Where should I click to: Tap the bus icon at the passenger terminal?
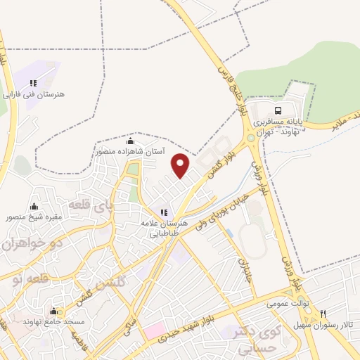(x=278, y=110)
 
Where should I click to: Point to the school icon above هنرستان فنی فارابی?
(x=33, y=83)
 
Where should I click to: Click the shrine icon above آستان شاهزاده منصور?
(x=130, y=141)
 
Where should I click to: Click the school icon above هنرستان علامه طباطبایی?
(x=164, y=212)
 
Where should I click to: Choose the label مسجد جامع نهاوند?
(x=54, y=321)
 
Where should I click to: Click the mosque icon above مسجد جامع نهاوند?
(x=54, y=311)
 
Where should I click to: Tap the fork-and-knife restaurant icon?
(x=323, y=314)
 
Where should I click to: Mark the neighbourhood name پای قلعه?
(x=91, y=206)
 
